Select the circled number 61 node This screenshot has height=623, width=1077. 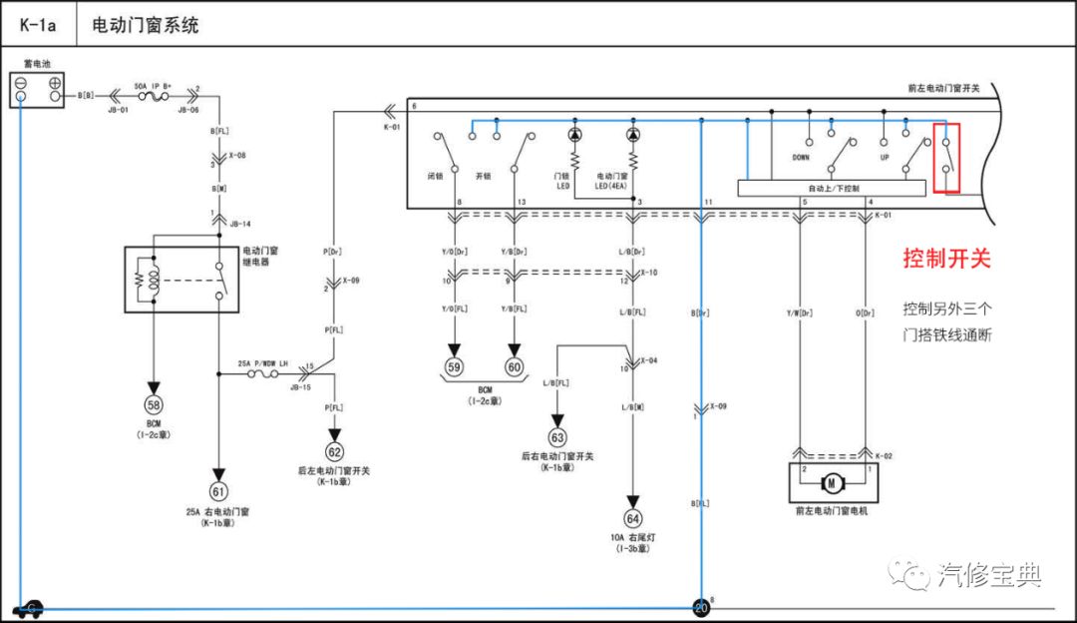point(217,491)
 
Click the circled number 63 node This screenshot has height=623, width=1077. point(556,436)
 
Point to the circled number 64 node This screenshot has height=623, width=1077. point(631,518)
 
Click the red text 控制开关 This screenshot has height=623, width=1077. point(946,259)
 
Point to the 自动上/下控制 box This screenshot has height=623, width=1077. point(834,188)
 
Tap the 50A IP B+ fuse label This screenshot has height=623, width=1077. point(153,86)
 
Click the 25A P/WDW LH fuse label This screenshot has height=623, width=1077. point(263,363)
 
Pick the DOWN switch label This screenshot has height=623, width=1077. point(801,158)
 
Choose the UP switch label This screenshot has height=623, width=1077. point(884,158)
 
